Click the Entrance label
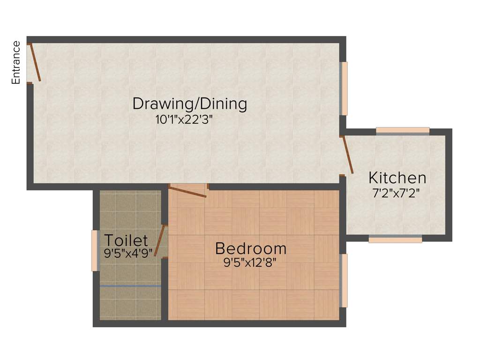pyautogui.click(x=16, y=63)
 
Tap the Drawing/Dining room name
pyautogui.click(x=190, y=103)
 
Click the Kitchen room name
pyautogui.click(x=397, y=178)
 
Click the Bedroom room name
pyautogui.click(x=250, y=247)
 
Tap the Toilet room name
pyautogui.click(x=126, y=240)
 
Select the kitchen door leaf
pyautogui.click(x=348, y=155)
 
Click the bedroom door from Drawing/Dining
pyautogui.click(x=187, y=192)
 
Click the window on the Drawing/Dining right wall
pyautogui.click(x=344, y=89)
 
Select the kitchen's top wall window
pyautogui.click(x=403, y=131)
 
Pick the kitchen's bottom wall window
pyautogui.click(x=395, y=239)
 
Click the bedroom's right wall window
pyautogui.click(x=344, y=281)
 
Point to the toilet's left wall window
pyautogui.click(x=95, y=250)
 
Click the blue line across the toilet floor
pyautogui.click(x=130, y=285)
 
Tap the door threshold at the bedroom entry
pyautogui.click(x=187, y=186)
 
